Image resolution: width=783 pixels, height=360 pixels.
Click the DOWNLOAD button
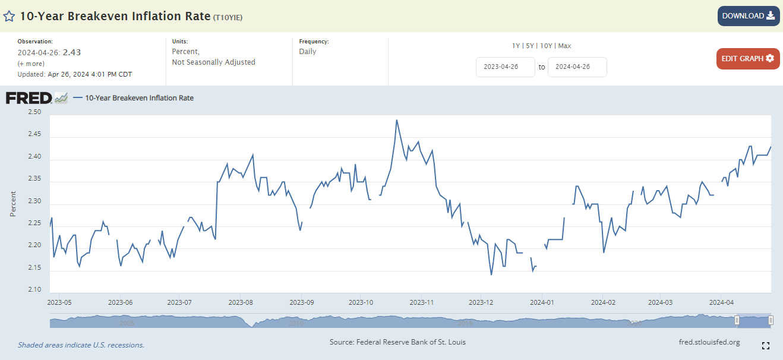point(748,16)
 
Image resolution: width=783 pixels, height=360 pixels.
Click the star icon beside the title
point(10,16)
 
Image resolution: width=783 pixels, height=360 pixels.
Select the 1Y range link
point(516,46)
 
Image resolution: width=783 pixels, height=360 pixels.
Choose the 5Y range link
point(530,46)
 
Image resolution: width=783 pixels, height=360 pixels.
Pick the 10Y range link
point(547,46)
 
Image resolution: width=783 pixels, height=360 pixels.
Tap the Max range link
point(564,46)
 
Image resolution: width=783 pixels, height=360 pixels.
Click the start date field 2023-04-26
point(505,67)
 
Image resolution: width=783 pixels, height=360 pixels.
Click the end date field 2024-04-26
point(577,67)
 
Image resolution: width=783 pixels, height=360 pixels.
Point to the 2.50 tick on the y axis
point(35,112)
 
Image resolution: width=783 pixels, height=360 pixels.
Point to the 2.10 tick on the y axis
point(35,290)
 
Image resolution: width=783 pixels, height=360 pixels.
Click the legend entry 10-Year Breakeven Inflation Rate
point(139,98)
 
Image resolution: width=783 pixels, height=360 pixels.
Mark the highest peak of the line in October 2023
point(396,120)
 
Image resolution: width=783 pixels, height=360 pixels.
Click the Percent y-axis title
point(13,203)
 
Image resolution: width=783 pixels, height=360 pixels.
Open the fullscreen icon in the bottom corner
point(766,346)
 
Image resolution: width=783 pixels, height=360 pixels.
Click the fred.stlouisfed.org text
point(709,342)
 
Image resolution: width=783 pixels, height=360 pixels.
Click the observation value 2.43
point(72,52)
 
